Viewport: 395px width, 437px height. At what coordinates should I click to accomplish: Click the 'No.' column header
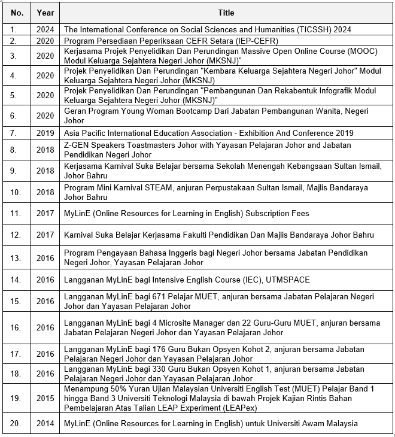pos(17,12)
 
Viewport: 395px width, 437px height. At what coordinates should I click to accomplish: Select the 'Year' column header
pos(45,12)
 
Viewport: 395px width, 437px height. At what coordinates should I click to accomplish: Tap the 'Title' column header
pos(227,12)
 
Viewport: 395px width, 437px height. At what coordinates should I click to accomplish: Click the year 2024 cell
pos(45,29)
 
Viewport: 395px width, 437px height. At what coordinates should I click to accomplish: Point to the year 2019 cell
pos(45,132)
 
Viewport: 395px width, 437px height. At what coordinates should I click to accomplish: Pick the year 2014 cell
pos(45,423)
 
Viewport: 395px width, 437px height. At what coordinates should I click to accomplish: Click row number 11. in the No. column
pos(17,213)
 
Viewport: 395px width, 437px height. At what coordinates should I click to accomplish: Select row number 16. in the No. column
pos(17,327)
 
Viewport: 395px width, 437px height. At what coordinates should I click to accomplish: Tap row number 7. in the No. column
pos(17,132)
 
